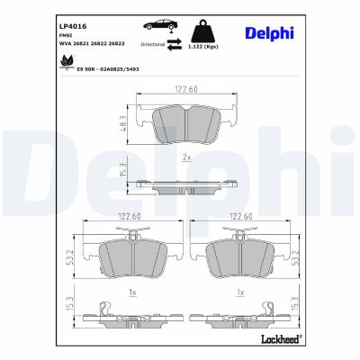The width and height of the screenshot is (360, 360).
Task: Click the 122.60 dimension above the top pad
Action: point(184,88)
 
